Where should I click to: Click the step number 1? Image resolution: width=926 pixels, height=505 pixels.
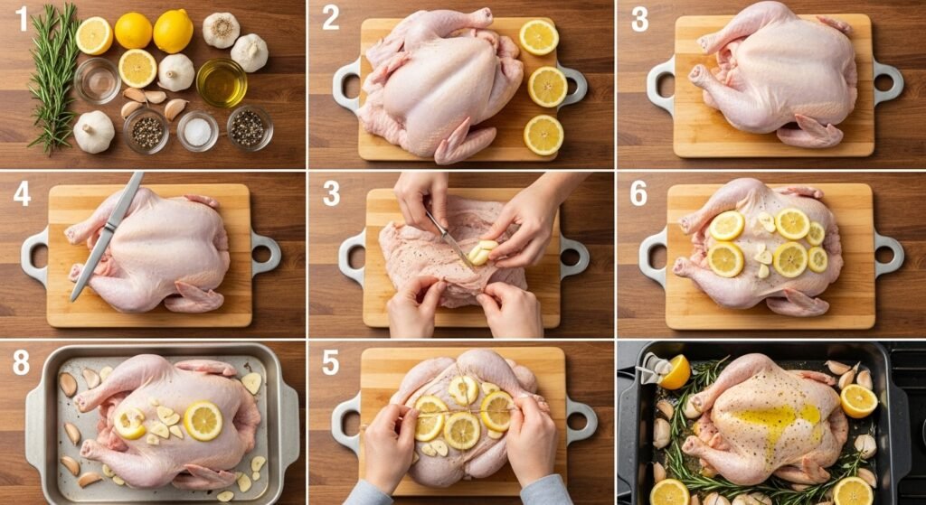(22, 18)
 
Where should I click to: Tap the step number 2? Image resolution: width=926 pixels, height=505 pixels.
(331, 18)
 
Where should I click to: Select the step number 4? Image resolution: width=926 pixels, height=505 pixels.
(22, 194)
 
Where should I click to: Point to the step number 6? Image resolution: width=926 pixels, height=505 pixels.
(638, 194)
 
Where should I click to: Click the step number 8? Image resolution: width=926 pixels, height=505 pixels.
(22, 363)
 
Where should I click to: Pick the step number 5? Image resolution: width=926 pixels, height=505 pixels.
(331, 363)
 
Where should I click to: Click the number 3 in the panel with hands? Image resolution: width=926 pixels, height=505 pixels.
(331, 194)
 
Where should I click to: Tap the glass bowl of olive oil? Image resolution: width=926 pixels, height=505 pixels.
(222, 82)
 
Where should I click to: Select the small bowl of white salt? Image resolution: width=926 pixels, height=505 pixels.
(197, 131)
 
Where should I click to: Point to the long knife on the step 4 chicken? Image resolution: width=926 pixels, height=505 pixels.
(107, 236)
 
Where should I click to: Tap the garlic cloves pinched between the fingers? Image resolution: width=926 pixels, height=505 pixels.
(483, 252)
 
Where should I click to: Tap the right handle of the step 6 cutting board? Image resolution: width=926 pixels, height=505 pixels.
(888, 254)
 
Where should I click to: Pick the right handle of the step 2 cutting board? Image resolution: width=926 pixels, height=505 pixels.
(572, 87)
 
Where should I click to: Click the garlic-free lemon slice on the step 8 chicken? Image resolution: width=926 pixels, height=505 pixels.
(203, 421)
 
